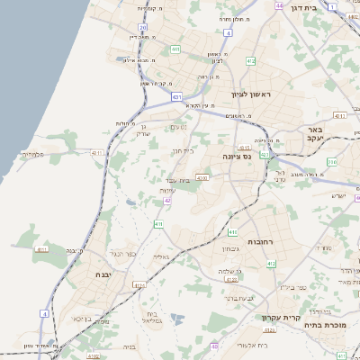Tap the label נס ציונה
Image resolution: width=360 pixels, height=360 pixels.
[238, 156]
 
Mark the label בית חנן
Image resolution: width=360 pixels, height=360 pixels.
[183, 150]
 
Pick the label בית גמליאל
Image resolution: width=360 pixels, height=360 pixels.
[151, 317]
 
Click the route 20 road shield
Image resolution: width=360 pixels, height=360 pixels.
[143, 28]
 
